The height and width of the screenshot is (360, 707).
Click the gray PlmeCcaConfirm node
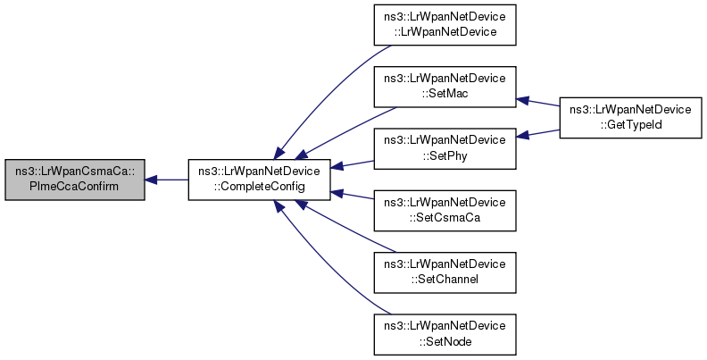tap(75, 180)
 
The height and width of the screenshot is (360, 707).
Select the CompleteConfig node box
tap(259, 180)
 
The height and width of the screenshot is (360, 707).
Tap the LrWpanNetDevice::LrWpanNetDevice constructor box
tap(445, 25)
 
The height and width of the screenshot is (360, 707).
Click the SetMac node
tap(445, 87)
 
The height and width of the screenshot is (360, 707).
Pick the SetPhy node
tap(445, 148)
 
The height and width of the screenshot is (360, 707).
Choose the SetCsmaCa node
tap(445, 210)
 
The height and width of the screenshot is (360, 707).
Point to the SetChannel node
tap(445, 272)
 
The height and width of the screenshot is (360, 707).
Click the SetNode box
tap(445, 334)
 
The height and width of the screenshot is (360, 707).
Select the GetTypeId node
tap(630, 117)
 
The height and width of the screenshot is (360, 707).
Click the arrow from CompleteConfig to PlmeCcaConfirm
tap(166, 180)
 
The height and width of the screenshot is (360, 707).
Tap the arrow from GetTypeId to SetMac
tap(538, 102)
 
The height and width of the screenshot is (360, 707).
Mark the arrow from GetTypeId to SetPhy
tap(538, 133)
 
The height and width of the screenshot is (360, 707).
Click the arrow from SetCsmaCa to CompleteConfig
tap(352, 195)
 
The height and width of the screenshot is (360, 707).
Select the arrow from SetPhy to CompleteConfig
tap(352, 164)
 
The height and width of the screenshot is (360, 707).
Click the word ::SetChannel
tap(445, 280)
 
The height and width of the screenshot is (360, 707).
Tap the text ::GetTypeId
tap(630, 124)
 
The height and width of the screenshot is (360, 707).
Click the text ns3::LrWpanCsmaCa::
tap(75, 172)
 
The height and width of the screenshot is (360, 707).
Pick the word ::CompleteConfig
tap(259, 187)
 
